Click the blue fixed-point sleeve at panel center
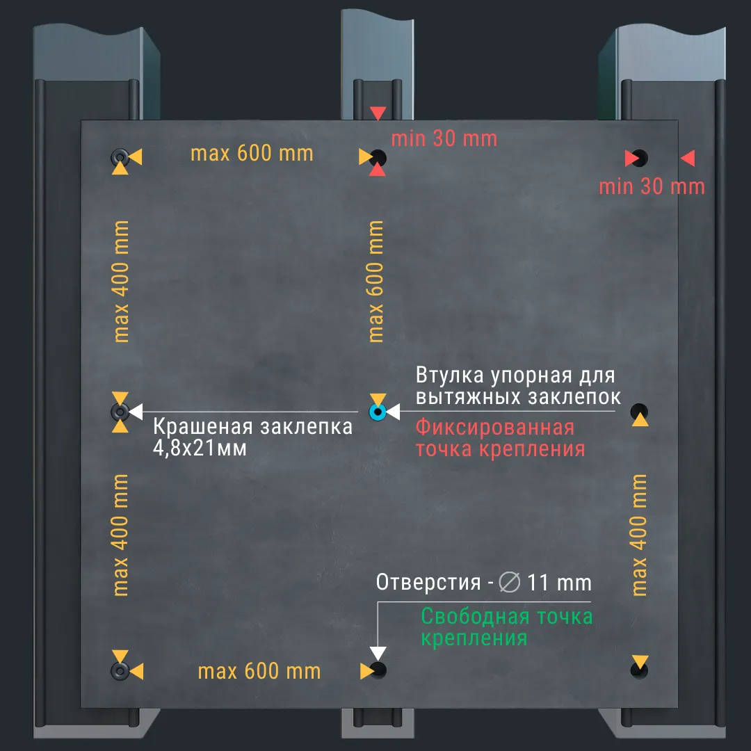pyautogui.click(x=378, y=412)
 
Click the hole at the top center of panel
pyautogui.click(x=379, y=157)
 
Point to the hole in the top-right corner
pyautogui.click(x=640, y=158)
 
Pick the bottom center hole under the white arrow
pyautogui.click(x=379, y=670)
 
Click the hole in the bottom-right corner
pyautogui.click(x=638, y=670)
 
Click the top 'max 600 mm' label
pyautogui.click(x=252, y=153)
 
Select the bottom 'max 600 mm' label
pyautogui.click(x=259, y=672)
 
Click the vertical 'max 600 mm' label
pyautogui.click(x=376, y=282)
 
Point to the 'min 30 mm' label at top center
pyautogui.click(x=444, y=138)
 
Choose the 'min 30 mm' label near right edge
pyautogui.click(x=652, y=186)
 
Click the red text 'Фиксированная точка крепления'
pyautogui.click(x=501, y=438)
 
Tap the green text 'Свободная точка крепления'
pyautogui.click(x=507, y=627)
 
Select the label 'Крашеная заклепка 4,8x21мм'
pyautogui.click(x=252, y=437)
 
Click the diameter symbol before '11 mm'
pyautogui.click(x=510, y=582)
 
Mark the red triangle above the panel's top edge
pyautogui.click(x=378, y=113)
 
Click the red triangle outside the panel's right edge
pyautogui.click(x=687, y=159)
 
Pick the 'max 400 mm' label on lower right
pyautogui.click(x=640, y=535)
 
